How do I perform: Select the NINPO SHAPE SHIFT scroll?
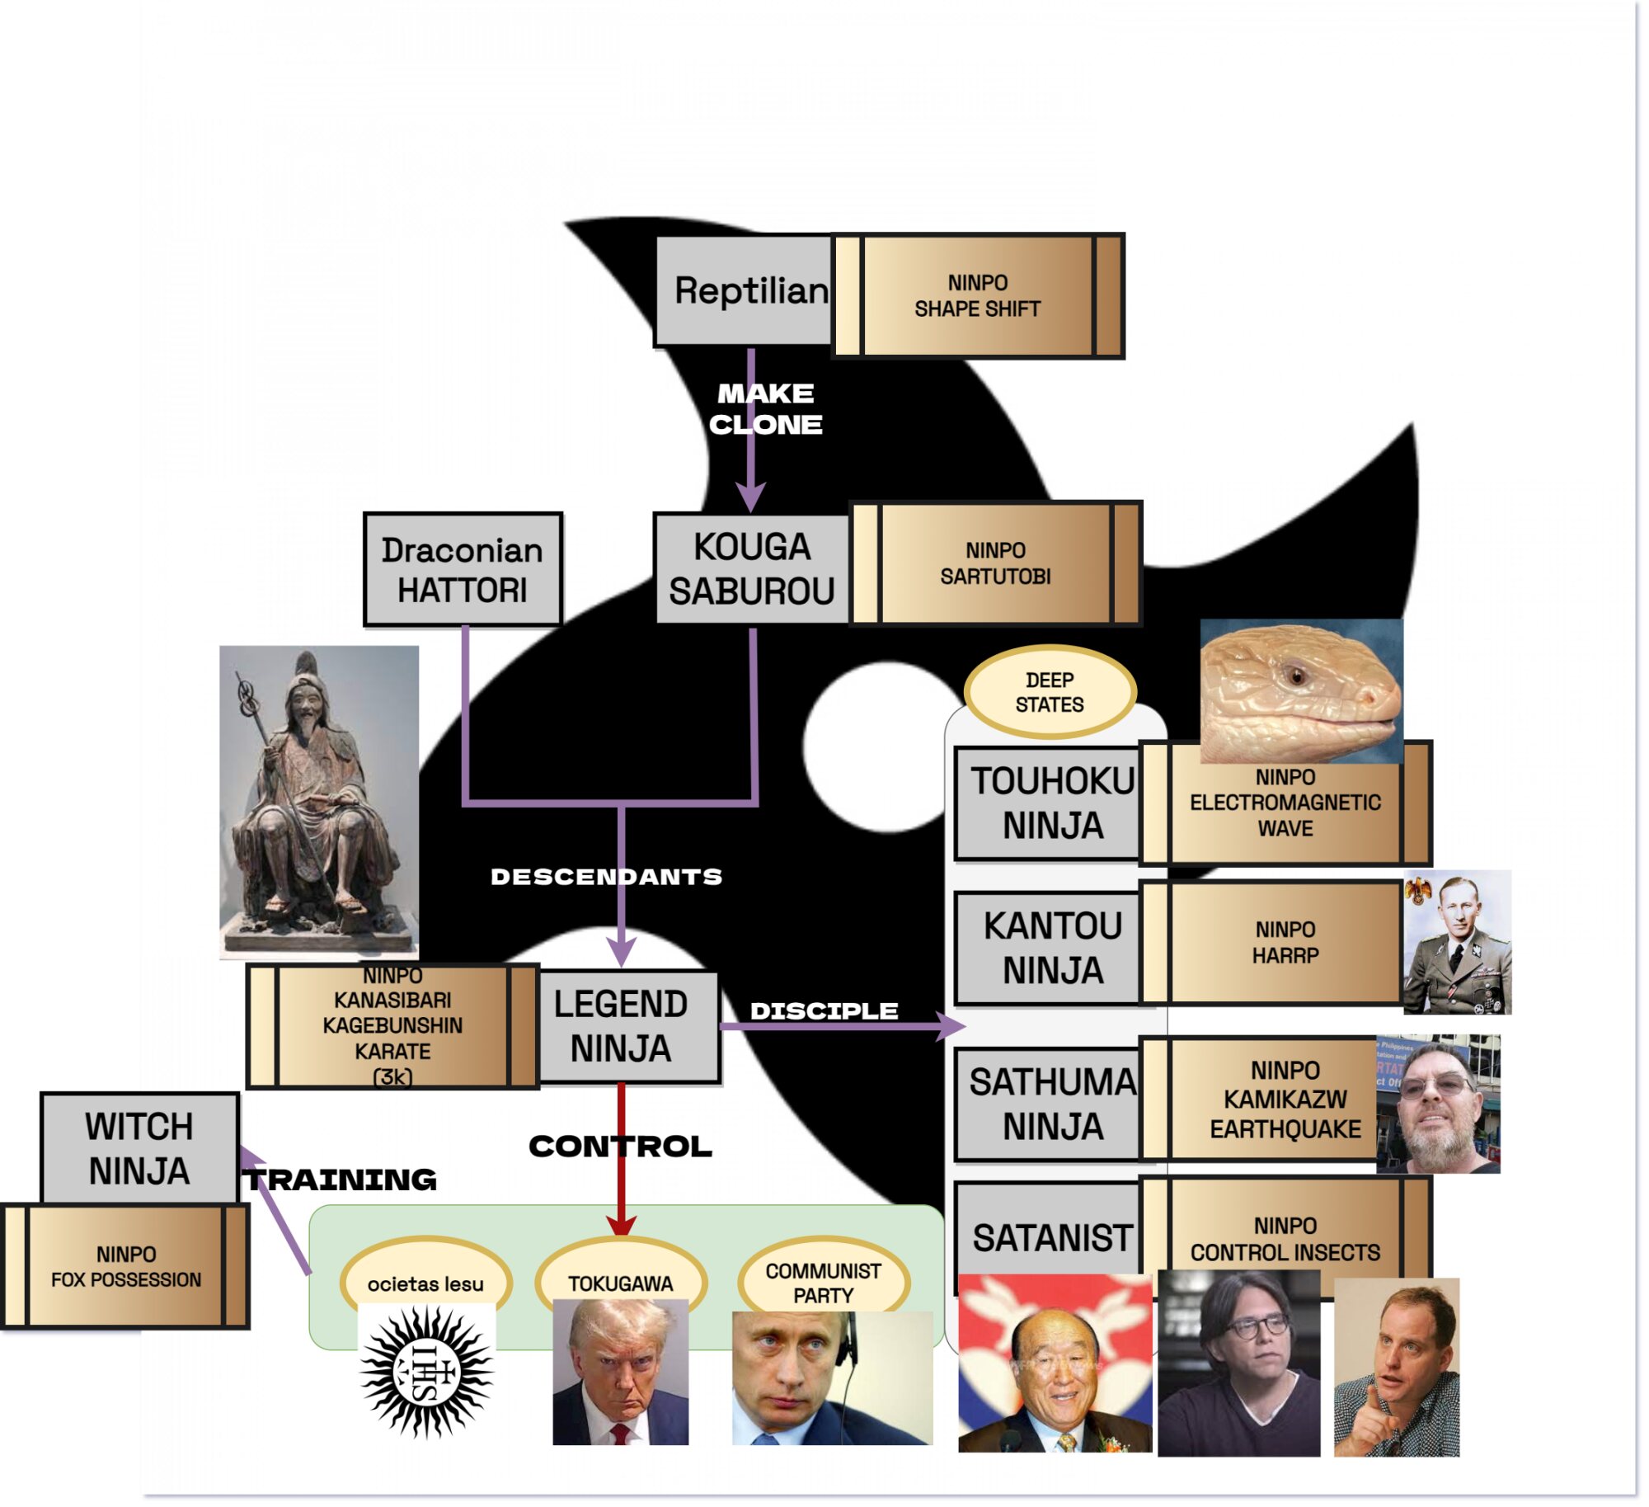point(977,295)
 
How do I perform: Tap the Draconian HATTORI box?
point(462,569)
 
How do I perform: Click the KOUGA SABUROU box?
point(750,569)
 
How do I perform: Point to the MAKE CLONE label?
point(765,408)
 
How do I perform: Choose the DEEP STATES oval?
point(1050,691)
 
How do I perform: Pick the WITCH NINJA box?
point(139,1147)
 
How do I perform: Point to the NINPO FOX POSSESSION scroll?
point(125,1266)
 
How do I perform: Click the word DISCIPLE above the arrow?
point(824,1010)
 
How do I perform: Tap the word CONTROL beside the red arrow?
point(620,1146)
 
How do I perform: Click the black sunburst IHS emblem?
point(426,1372)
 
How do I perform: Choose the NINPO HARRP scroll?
point(1285,942)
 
